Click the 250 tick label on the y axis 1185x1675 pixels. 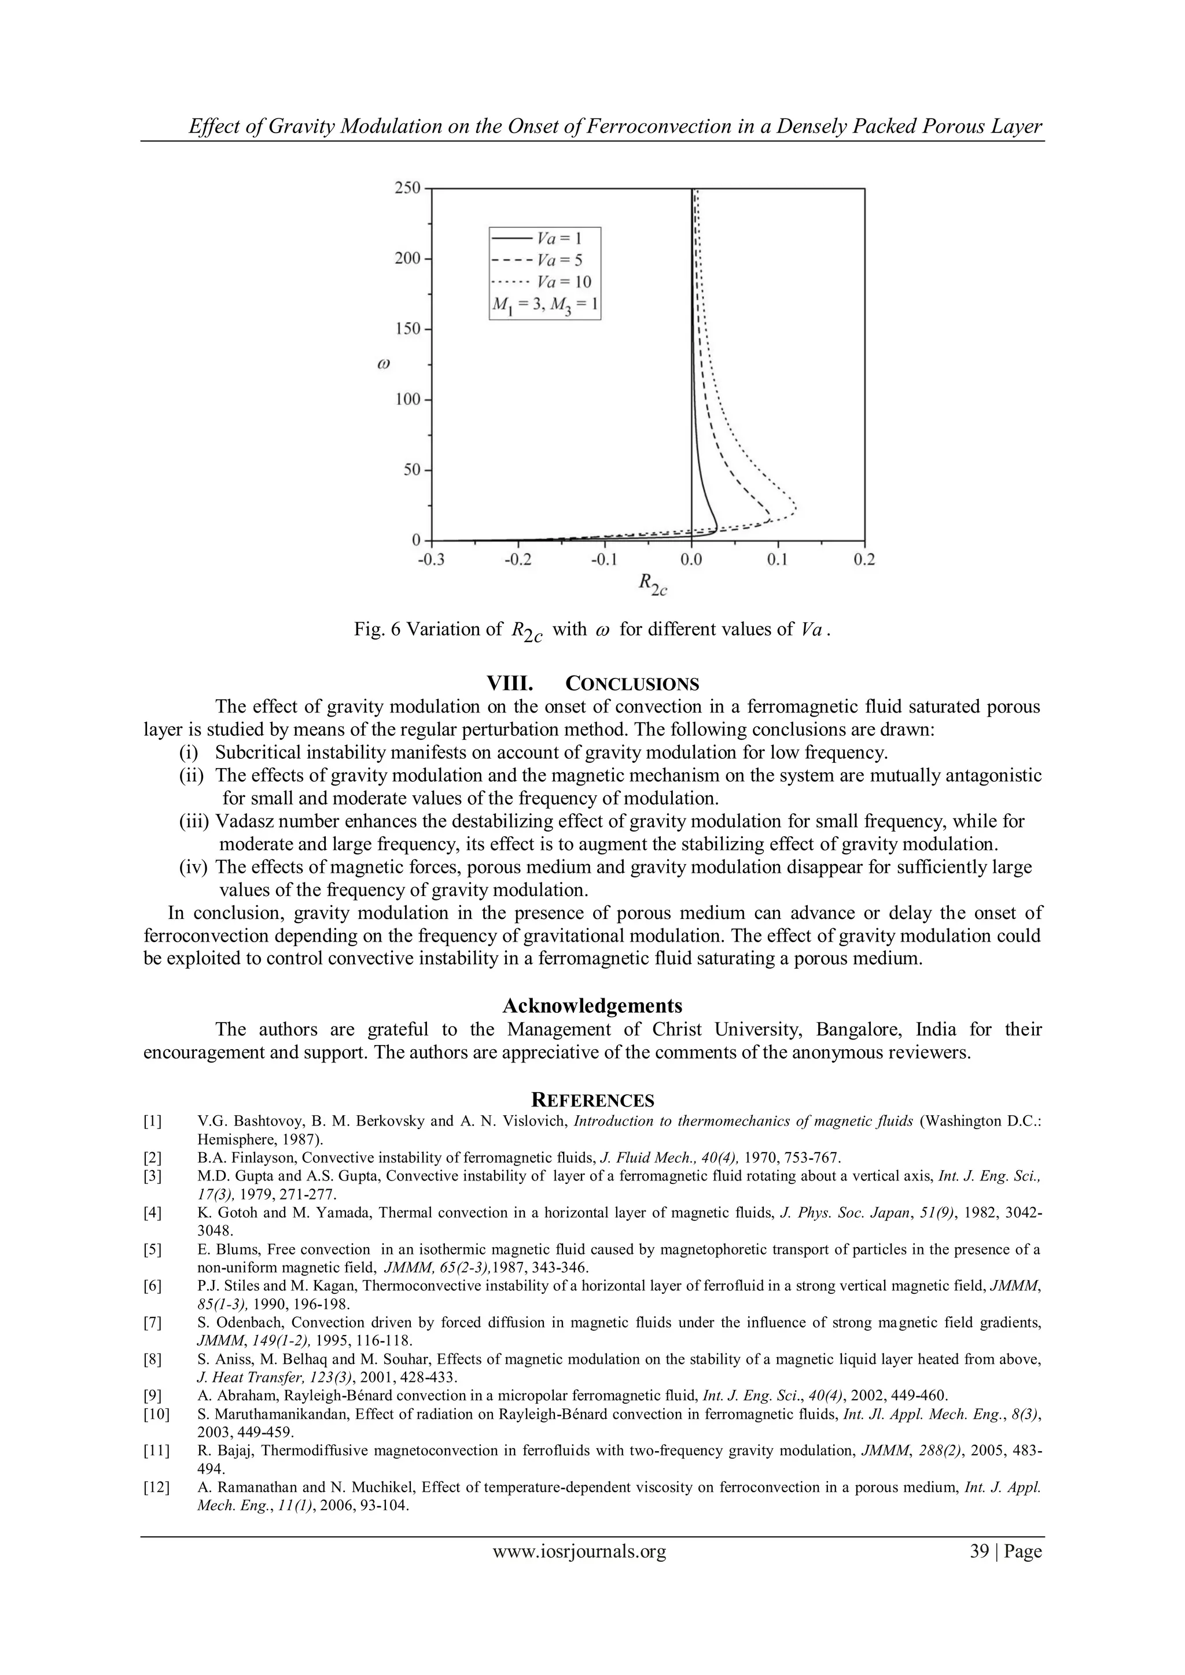coord(407,188)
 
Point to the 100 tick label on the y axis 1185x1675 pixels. coord(407,400)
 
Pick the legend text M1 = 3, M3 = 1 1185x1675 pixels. coord(544,305)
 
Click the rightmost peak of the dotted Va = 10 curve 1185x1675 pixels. coord(794,508)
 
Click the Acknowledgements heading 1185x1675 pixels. coord(592,1006)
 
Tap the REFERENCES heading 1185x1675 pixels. coord(592,1100)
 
